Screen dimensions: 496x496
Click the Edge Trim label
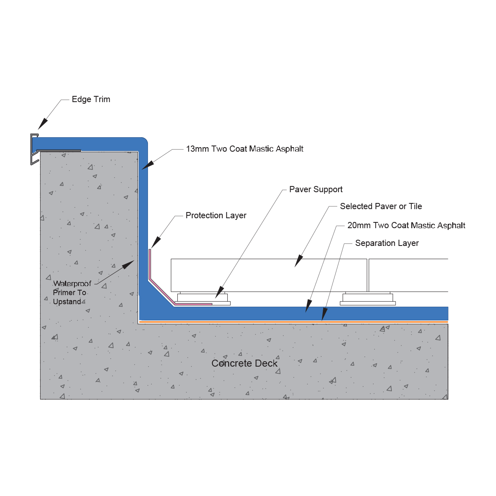pyautogui.click(x=91, y=99)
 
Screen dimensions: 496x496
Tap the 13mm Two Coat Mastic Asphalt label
pyautogui.click(x=245, y=149)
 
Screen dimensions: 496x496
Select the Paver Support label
pyautogui.click(x=316, y=189)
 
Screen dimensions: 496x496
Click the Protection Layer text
pyautogui.click(x=216, y=215)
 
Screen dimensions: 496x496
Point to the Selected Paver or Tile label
pyautogui.click(x=381, y=206)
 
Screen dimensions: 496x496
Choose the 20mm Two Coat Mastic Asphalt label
pyautogui.click(x=406, y=226)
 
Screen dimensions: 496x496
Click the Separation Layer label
pyautogui.click(x=387, y=243)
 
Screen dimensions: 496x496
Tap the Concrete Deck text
pyautogui.click(x=244, y=363)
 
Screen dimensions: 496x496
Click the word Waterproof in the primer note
pyautogui.click(x=72, y=284)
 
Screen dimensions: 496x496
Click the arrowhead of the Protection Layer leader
pyautogui.click(x=156, y=243)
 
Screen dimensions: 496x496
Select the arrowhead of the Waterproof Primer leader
pyautogui.click(x=129, y=265)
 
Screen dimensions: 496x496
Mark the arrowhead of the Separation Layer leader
pyautogui.click(x=324, y=315)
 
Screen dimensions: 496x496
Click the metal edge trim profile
pyautogui.click(x=34, y=149)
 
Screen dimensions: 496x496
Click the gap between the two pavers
pyautogui.click(x=368, y=275)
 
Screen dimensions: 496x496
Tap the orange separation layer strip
pyautogui.click(x=293, y=322)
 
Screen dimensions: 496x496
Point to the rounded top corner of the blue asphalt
pyautogui.click(x=144, y=141)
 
